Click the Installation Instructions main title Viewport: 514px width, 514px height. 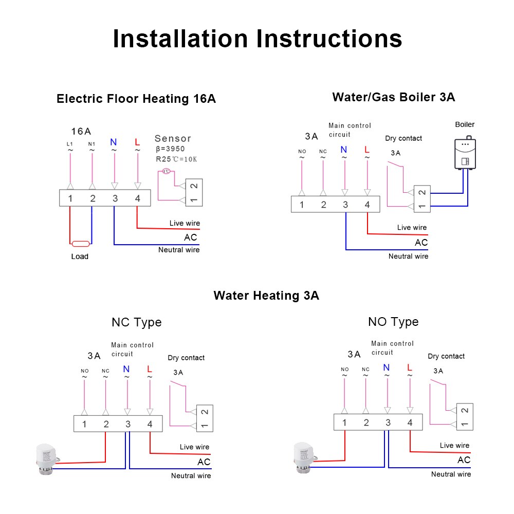tap(257, 39)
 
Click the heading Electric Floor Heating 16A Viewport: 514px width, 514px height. tap(136, 99)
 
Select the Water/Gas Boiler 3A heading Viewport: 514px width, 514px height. tap(393, 97)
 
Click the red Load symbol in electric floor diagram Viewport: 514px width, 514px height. tap(81, 244)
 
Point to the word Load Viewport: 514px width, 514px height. tap(80, 256)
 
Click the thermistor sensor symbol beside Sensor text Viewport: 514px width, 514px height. tap(166, 172)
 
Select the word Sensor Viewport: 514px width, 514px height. tap(173, 138)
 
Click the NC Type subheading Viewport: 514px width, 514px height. tap(136, 322)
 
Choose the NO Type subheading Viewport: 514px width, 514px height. tap(393, 322)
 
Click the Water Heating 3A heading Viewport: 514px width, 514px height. tap(266, 296)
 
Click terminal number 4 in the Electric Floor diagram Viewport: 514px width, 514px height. tap(137, 198)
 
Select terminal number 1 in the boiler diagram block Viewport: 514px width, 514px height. tap(302, 205)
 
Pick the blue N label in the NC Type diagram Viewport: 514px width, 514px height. tap(126, 369)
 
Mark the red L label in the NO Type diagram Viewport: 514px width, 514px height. tap(410, 368)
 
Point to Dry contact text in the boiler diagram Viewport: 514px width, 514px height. tap(403, 138)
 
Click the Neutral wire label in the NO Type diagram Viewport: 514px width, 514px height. tap(451, 474)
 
